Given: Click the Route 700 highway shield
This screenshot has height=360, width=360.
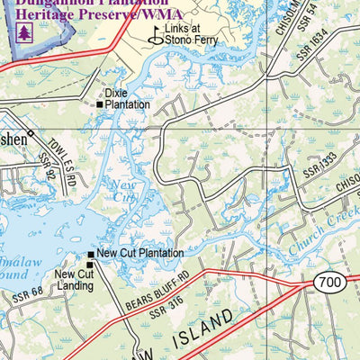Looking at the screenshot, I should click(329, 283).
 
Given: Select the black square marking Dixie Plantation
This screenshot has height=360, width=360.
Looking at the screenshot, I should click(100, 104).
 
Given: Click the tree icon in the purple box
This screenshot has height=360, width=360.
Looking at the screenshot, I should click(23, 31).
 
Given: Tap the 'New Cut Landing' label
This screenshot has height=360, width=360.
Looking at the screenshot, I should click(73, 280).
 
